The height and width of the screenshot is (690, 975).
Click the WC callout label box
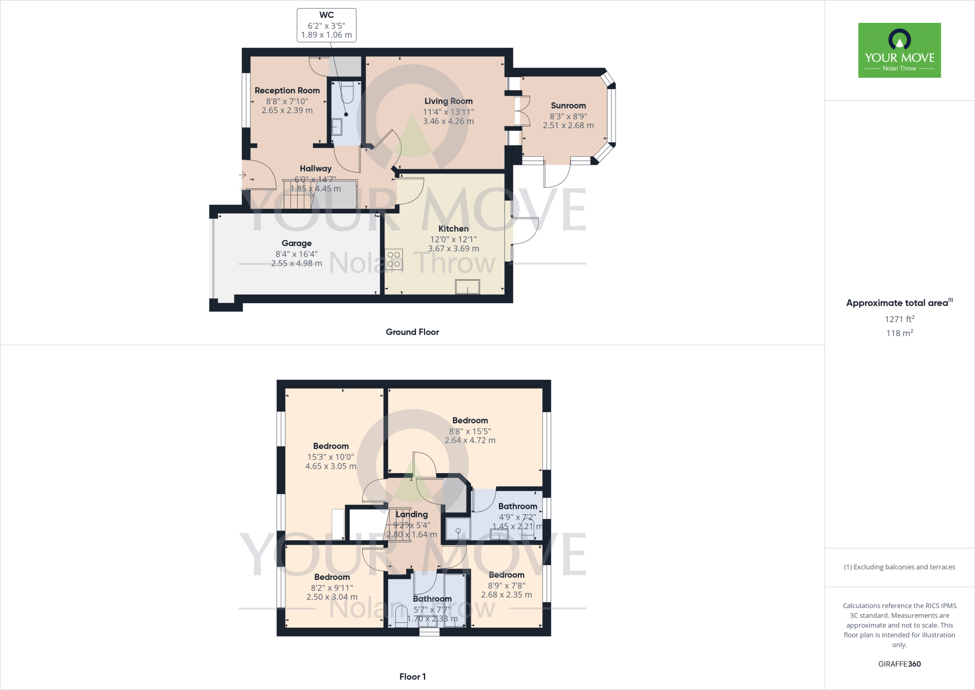pyautogui.click(x=327, y=25)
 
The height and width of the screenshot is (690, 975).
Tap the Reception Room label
pyautogui.click(x=287, y=91)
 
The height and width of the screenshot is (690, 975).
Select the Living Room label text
pyautogui.click(x=448, y=101)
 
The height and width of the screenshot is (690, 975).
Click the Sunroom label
pyautogui.click(x=568, y=106)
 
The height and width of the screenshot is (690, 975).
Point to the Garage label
pyautogui.click(x=297, y=244)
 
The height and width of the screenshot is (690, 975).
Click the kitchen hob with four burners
pyautogui.click(x=394, y=259)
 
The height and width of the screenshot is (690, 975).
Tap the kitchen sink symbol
pyautogui.click(x=467, y=287)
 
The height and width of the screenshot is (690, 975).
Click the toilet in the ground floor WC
pyautogui.click(x=347, y=92)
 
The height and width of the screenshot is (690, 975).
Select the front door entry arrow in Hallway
pyautogui.click(x=242, y=175)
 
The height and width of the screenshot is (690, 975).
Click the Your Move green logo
pyautogui.click(x=899, y=50)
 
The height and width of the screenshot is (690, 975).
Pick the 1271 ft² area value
pyautogui.click(x=899, y=319)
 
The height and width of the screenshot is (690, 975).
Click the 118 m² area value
pyautogui.click(x=899, y=333)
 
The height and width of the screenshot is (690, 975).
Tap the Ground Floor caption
pyautogui.click(x=412, y=332)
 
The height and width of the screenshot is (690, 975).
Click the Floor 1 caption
pyautogui.click(x=412, y=677)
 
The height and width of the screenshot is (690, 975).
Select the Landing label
pyautogui.click(x=411, y=515)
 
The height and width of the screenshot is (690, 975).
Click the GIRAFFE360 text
pyautogui.click(x=899, y=664)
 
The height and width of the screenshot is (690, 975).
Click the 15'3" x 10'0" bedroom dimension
pyautogui.click(x=330, y=457)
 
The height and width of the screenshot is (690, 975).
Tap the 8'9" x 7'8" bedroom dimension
pyautogui.click(x=507, y=586)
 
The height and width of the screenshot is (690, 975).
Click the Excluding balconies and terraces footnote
pyautogui.click(x=899, y=567)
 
